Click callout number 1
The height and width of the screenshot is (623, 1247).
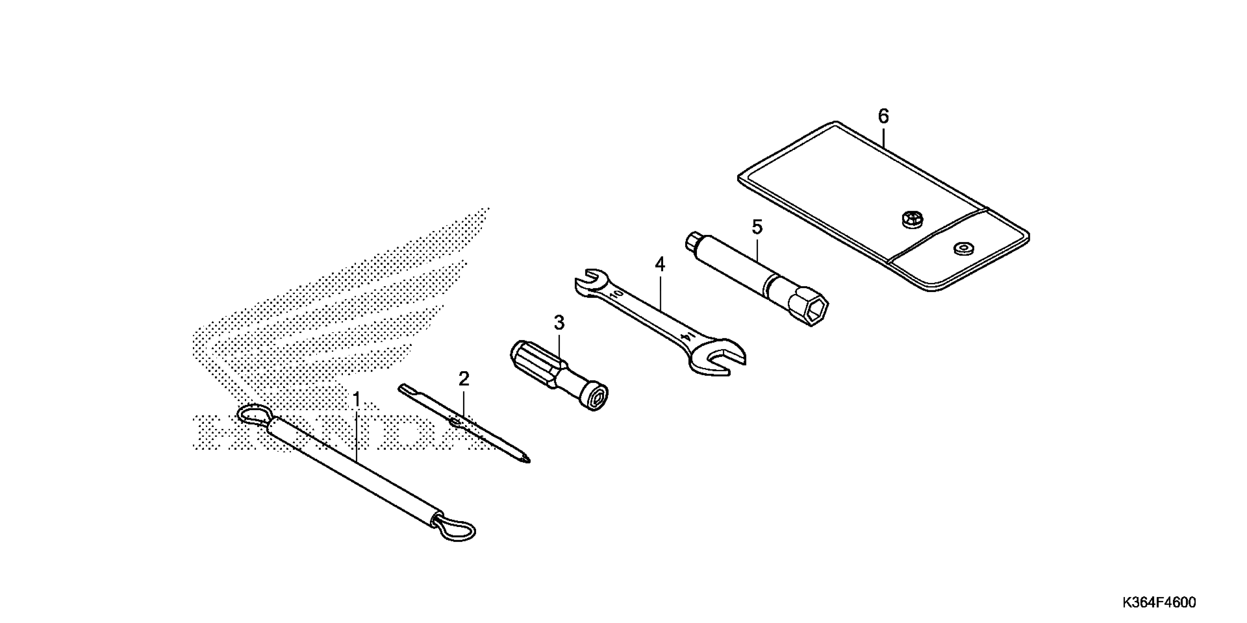[x=356, y=401]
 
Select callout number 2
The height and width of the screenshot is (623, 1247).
[x=463, y=379]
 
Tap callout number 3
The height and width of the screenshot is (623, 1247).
[x=559, y=322]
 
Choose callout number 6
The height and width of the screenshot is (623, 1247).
[x=884, y=117]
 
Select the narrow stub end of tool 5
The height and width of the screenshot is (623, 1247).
[x=691, y=240]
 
